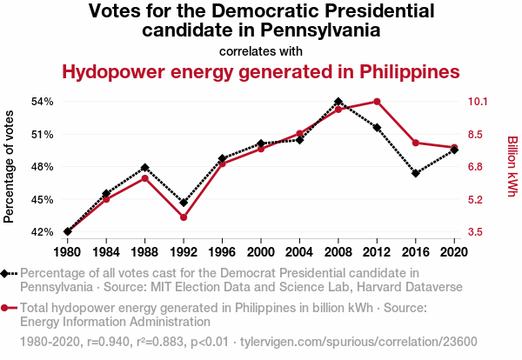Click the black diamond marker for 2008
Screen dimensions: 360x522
click(338, 102)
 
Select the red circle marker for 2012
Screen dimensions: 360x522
click(377, 102)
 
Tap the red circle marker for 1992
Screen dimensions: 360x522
click(184, 217)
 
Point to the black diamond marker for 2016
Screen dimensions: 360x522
click(416, 173)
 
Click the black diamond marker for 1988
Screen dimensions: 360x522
click(145, 168)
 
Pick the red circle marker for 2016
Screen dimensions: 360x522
click(416, 143)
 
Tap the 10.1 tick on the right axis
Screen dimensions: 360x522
click(482, 102)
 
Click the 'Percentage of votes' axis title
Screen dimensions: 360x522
click(10, 166)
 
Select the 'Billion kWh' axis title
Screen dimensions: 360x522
click(512, 166)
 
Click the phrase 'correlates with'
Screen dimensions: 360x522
click(261, 50)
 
